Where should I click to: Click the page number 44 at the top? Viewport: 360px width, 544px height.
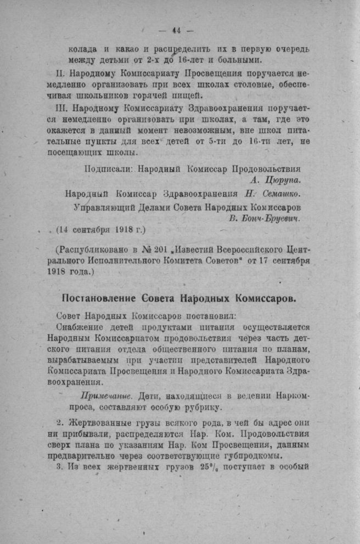176,30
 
